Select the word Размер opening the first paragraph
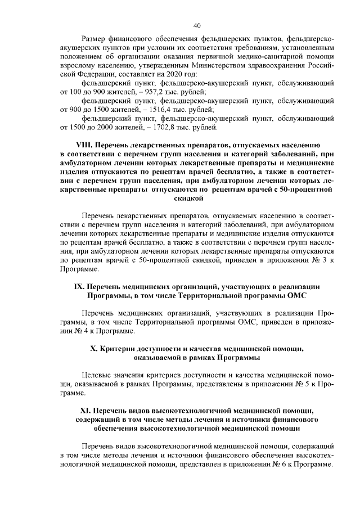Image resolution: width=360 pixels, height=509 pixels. pyautogui.click(x=94, y=37)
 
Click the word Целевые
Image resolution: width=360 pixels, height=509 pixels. pyautogui.click(x=97, y=375)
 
